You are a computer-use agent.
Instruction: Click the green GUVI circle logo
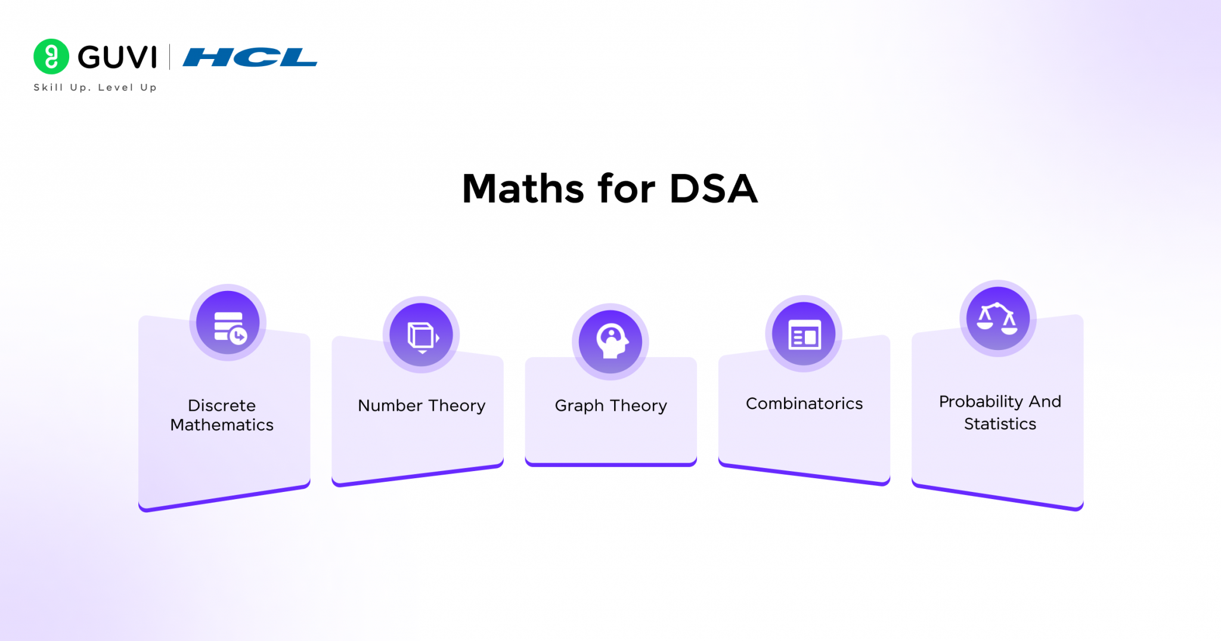51,57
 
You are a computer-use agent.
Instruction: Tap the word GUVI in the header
117,57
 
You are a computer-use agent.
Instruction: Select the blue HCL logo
250,57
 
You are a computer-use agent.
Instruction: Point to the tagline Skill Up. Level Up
95,87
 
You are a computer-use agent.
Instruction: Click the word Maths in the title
523,189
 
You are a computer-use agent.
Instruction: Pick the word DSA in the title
714,189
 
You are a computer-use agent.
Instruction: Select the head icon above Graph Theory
610,342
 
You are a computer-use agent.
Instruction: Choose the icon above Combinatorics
804,334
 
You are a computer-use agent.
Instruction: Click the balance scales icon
997,318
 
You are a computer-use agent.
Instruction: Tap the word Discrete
222,405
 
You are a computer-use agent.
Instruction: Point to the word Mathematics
222,425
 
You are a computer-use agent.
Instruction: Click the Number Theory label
422,405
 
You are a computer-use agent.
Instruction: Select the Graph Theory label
610,405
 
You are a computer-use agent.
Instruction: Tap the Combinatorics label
804,404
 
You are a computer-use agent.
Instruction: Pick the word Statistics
1000,424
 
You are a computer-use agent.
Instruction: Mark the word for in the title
627,189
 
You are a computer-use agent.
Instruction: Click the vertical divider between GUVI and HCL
170,57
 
